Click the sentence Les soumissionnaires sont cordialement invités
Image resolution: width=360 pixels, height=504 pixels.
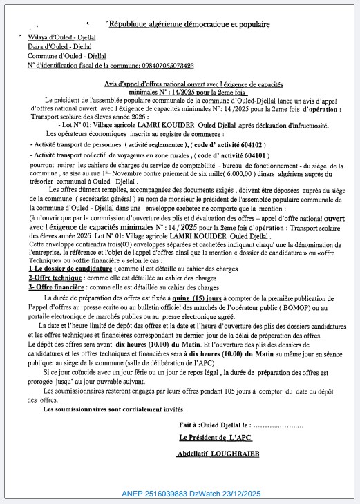[114, 409]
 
